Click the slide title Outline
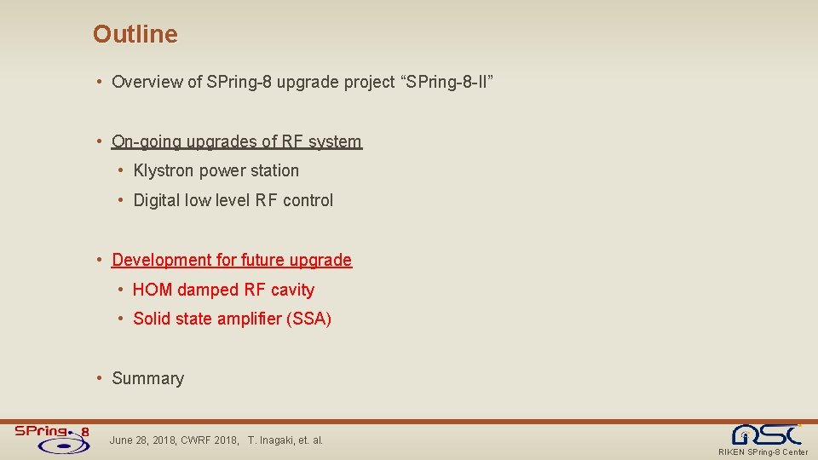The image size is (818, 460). [135, 34]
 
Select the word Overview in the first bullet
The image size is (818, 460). [147, 82]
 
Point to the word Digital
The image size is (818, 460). [158, 200]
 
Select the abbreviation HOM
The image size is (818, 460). [153, 290]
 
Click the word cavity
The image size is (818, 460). [292, 290]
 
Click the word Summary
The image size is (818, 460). [147, 378]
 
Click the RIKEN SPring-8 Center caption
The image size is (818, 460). [763, 452]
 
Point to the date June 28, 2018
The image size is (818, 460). [143, 440]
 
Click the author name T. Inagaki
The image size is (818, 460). [275, 440]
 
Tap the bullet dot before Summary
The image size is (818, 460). [101, 378]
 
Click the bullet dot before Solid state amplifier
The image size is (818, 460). [122, 319]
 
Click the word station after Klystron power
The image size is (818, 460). [274, 170]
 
